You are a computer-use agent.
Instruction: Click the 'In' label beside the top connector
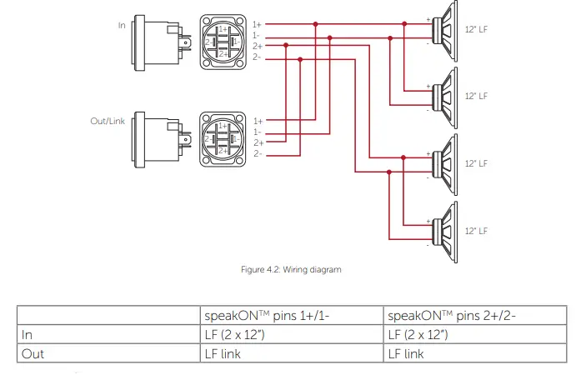[x=122, y=25]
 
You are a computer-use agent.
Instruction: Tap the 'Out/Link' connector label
[x=108, y=121]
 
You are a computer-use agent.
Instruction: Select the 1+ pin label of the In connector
[x=257, y=25]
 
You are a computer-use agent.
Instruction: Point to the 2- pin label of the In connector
[x=257, y=57]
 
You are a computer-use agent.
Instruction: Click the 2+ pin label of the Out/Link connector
[x=258, y=142]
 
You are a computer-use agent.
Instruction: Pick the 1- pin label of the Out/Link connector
[x=257, y=132]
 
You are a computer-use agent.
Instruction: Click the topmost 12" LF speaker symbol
[x=445, y=31]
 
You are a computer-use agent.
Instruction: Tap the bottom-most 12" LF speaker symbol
[x=445, y=232]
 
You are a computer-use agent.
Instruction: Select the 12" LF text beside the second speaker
[x=476, y=96]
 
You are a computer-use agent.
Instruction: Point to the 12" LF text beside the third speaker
[x=476, y=163]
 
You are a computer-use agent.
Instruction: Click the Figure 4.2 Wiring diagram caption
[x=291, y=270]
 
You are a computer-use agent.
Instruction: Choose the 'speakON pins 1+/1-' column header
[x=267, y=316]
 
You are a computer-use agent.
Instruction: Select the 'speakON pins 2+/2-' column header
[x=452, y=316]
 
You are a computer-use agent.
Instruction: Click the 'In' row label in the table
[x=27, y=335]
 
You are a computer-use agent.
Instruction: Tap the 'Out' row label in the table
[x=33, y=354]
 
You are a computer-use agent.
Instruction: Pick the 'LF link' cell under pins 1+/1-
[x=223, y=354]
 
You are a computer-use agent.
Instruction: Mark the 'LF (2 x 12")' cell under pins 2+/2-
[x=418, y=335]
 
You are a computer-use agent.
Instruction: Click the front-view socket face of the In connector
[x=223, y=42]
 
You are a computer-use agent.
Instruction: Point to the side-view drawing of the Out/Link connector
[x=162, y=139]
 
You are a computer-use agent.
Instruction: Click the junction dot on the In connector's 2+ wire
[x=286, y=45]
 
